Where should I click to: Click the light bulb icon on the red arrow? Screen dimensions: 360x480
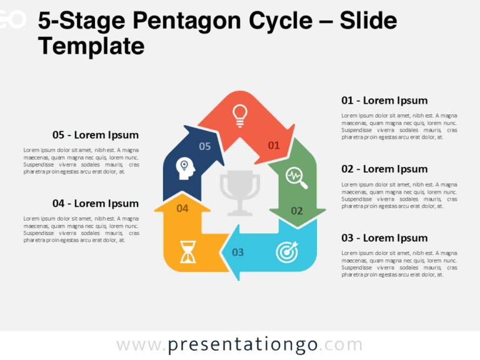pos(239,114)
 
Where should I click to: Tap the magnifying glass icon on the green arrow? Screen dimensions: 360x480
pos(296,177)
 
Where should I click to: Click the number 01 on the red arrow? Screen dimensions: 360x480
pos(274,146)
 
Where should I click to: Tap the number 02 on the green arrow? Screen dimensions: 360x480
pos(297,211)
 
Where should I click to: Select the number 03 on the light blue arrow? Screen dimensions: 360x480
pos(238,252)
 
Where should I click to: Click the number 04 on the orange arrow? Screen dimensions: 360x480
pos(182,208)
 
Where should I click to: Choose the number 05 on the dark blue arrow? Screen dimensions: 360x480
pos(205,146)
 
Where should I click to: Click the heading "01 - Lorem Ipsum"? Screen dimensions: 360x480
pos(384,100)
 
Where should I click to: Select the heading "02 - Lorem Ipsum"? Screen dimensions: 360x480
pos(384,169)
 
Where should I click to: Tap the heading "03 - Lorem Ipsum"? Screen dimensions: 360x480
pos(384,237)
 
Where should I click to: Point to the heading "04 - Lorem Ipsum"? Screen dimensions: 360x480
pos(96,203)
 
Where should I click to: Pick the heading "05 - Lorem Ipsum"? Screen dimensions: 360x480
pos(96,134)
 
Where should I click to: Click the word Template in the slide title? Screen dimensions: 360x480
pos(91,46)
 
